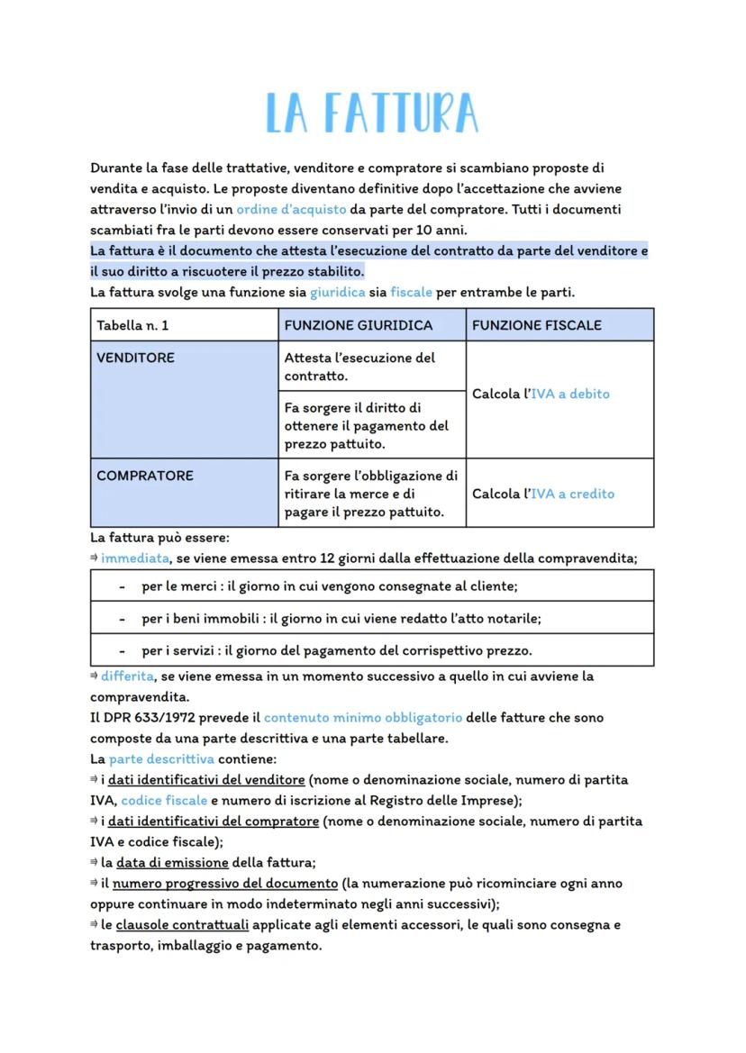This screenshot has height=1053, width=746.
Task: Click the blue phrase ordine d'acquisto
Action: (291, 209)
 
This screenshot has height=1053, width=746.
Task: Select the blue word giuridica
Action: (337, 293)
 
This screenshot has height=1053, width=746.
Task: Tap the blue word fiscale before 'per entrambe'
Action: (411, 293)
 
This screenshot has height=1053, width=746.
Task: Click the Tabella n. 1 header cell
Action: (132, 325)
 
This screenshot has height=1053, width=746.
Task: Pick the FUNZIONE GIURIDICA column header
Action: (358, 325)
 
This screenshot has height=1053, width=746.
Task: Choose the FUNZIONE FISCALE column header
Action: (536, 325)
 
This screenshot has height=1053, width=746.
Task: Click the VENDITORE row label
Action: (136, 358)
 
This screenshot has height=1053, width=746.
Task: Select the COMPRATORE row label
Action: (144, 476)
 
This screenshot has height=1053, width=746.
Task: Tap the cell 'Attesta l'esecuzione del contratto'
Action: (359, 367)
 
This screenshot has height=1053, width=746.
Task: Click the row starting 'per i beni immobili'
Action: (341, 619)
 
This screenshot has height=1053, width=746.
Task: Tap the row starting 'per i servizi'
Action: (336, 650)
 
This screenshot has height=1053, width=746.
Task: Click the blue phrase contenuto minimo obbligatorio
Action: (363, 718)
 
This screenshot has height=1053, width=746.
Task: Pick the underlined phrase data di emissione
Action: (171, 862)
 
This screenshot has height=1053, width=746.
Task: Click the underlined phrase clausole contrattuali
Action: (182, 925)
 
